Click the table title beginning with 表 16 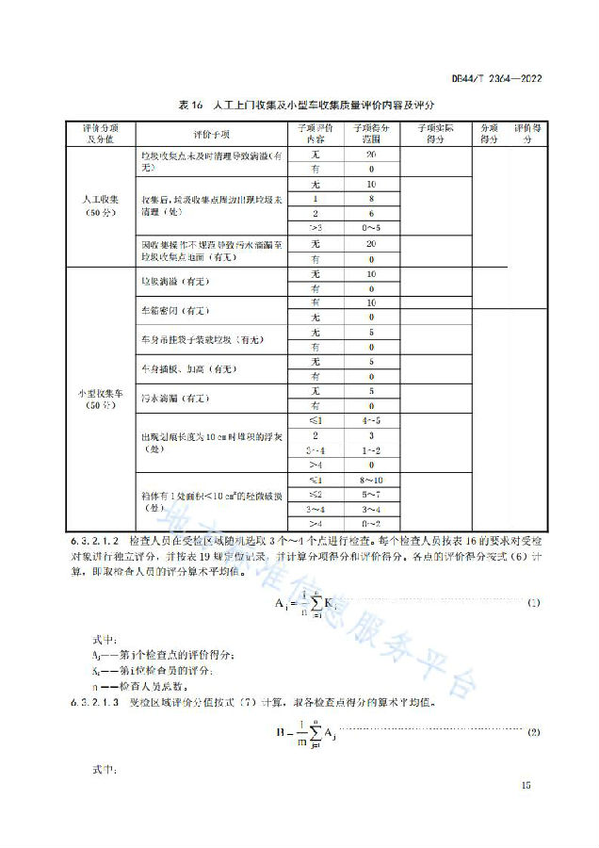tap(299, 107)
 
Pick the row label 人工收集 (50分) tap(97, 205)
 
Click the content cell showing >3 tap(316, 229)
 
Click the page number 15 tap(526, 784)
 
